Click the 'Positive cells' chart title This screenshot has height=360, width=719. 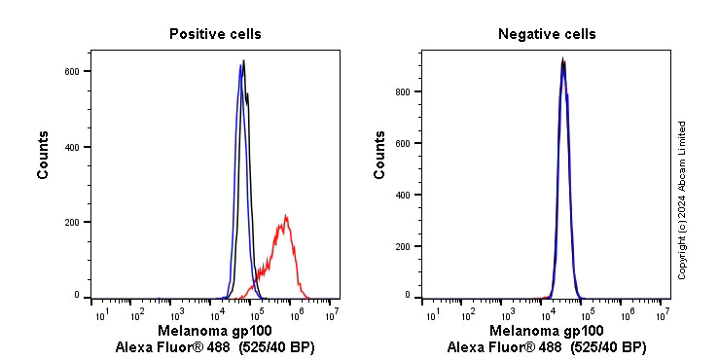[215, 34]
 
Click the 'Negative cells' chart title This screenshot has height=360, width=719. [547, 34]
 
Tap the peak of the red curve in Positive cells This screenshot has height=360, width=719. [286, 216]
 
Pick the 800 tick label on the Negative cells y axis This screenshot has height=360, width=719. [405, 91]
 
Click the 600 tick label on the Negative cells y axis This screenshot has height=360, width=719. [405, 143]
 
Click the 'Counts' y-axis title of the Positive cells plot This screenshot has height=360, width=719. [44, 155]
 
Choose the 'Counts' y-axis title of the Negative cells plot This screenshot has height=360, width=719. [380, 155]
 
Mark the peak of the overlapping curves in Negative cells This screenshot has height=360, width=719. [562, 60]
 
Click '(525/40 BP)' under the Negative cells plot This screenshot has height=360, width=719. [608, 347]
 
